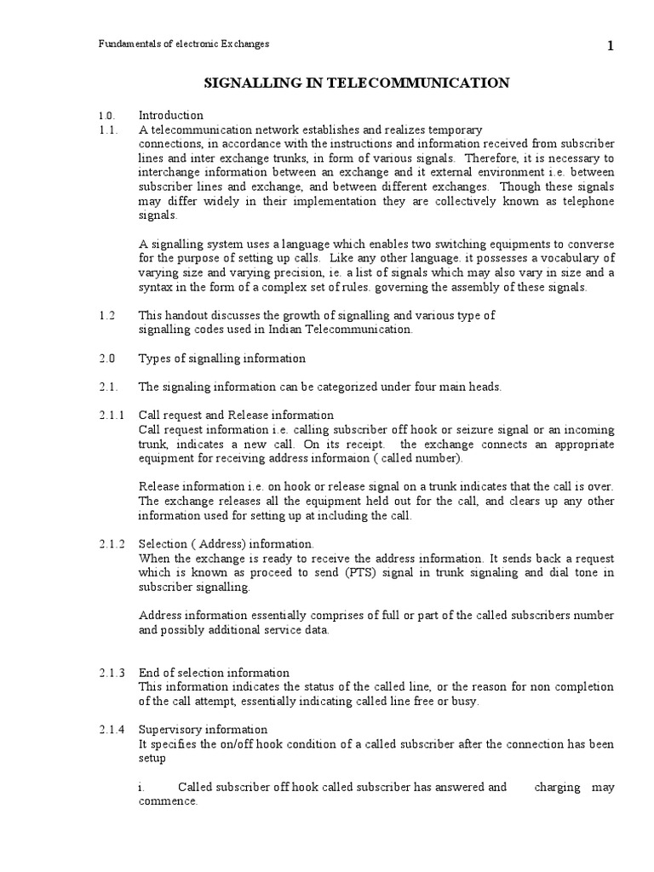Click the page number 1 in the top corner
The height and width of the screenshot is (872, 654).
[x=610, y=48]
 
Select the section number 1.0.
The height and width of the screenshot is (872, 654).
[x=106, y=115]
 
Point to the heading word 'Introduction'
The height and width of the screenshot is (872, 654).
[x=170, y=115]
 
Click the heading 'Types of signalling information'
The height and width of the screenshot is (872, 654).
[x=221, y=359]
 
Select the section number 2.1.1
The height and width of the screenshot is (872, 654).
[x=111, y=415]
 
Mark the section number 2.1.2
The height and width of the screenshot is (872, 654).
[x=111, y=543]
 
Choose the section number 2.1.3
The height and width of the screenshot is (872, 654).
[x=111, y=673]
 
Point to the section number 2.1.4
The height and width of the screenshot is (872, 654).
[x=111, y=730]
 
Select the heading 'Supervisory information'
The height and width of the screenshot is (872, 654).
[x=203, y=730]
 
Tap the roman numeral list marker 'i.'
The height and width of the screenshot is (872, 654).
[x=141, y=788]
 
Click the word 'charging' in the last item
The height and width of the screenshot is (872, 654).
[x=557, y=788]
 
